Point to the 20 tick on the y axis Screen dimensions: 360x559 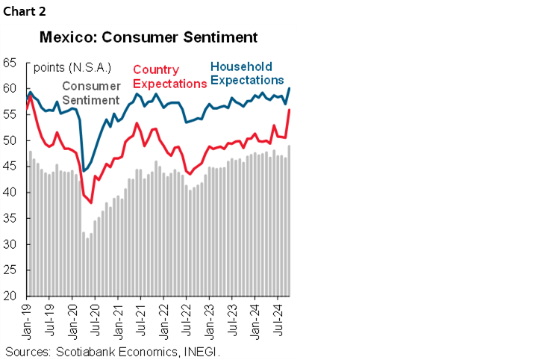[x=11, y=296]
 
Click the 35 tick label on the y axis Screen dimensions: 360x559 [x=11, y=218]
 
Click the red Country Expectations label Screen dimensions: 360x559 [x=169, y=77]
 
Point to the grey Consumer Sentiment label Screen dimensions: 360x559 [x=92, y=93]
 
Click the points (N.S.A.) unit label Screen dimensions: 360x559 [x=72, y=67]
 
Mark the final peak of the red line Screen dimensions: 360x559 [x=290, y=110]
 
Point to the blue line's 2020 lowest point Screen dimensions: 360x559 [x=83, y=171]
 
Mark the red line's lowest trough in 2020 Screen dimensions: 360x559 [x=91, y=202]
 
